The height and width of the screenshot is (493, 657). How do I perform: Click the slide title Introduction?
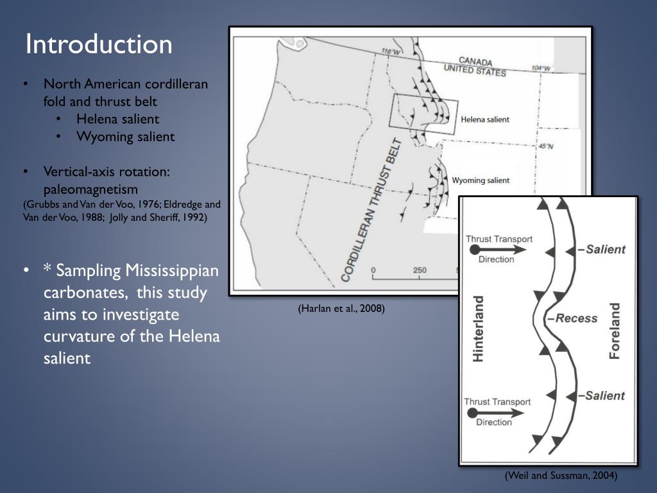tap(99, 45)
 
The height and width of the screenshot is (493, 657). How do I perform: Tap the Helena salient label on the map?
tap(485, 119)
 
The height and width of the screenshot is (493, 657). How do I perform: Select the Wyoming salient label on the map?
tap(481, 180)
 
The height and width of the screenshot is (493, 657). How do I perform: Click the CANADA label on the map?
tap(475, 62)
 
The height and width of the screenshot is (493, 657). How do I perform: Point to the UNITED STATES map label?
tap(475, 69)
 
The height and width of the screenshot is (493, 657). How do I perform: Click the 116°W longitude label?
tap(390, 52)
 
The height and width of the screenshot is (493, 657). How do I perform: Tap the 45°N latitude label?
tap(545, 146)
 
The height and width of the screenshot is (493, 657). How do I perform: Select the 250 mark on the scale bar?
tap(419, 270)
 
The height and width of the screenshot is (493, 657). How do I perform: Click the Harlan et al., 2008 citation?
tap(341, 309)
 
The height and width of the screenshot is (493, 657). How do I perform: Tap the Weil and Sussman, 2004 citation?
tap(561, 476)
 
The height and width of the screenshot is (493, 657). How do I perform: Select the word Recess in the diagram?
tap(574, 318)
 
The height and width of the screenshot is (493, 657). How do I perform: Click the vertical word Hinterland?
tap(478, 328)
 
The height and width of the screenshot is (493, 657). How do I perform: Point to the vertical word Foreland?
tap(615, 331)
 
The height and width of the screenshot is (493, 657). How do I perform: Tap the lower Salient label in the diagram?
tap(604, 395)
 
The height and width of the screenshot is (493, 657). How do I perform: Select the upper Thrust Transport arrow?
tap(498, 249)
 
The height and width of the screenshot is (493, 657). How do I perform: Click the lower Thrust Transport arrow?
tap(497, 412)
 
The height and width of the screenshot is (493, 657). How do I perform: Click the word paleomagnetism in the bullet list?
tap(90, 189)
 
